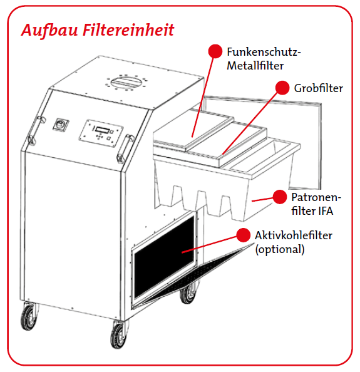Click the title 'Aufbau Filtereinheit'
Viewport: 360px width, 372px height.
pyautogui.click(x=98, y=30)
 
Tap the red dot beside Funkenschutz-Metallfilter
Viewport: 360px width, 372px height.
pyautogui.click(x=215, y=51)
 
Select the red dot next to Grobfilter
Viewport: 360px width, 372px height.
pyautogui.click(x=282, y=88)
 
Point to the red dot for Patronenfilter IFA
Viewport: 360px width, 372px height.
pyautogui.click(x=280, y=197)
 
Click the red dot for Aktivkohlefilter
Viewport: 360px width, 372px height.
pyautogui.click(x=244, y=235)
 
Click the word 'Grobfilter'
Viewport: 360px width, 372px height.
pyautogui.click(x=318, y=88)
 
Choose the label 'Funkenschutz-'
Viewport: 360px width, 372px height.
pyautogui.click(x=264, y=52)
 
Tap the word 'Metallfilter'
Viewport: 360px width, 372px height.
pyautogui.click(x=255, y=66)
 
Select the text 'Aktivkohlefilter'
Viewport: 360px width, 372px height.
pyautogui.click(x=294, y=235)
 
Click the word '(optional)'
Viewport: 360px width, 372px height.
pyautogui.click(x=280, y=249)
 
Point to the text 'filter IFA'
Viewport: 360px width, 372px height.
pyautogui.click(x=312, y=211)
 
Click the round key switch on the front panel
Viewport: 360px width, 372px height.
pyautogui.click(x=61, y=124)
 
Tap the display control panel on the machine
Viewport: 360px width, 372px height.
pyautogui.click(x=101, y=133)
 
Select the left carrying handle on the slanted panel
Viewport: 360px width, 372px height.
pyautogui.click(x=36, y=130)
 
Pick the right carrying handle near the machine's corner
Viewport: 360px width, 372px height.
pyautogui.click(x=125, y=149)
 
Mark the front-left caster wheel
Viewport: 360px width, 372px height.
pyautogui.click(x=29, y=317)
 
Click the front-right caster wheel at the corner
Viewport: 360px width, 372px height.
pyautogui.click(x=119, y=334)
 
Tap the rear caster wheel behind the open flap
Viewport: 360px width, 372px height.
pyautogui.click(x=188, y=293)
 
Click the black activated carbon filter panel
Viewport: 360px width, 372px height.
pyautogui.click(x=164, y=257)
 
